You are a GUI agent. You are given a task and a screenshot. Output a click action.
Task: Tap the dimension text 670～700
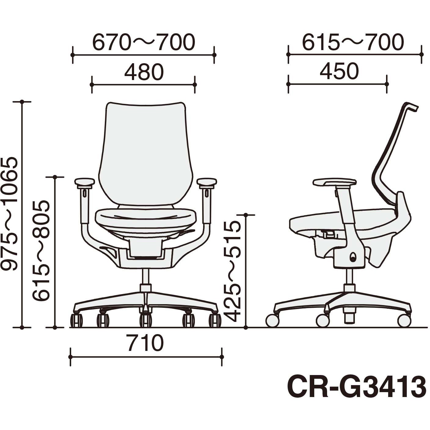[x=144, y=42]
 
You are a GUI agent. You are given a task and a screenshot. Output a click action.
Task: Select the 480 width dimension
[x=144, y=72]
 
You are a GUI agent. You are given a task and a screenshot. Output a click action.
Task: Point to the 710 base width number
[x=146, y=343]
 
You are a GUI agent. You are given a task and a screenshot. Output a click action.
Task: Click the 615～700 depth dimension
[x=353, y=42]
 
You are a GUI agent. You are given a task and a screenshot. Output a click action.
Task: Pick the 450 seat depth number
[x=339, y=72]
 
